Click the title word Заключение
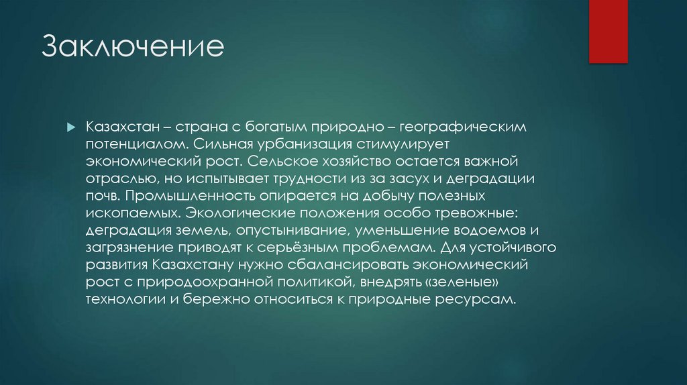coord(133,49)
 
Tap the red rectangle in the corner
coord(608,32)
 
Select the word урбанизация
coord(268,144)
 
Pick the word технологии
coord(121,299)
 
